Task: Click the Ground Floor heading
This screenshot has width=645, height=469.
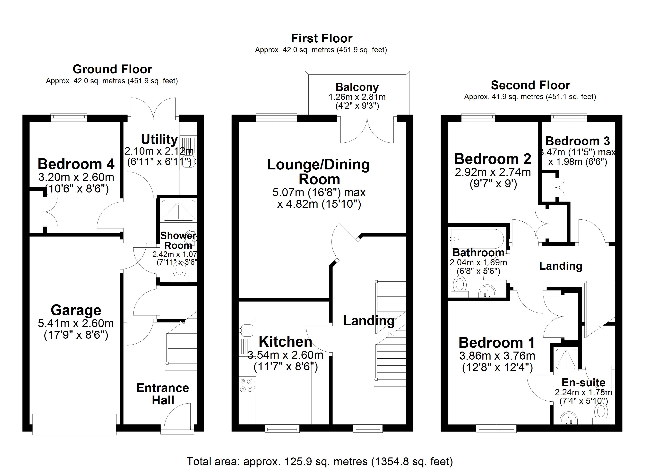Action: click(x=112, y=69)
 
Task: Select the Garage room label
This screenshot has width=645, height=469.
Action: click(x=76, y=310)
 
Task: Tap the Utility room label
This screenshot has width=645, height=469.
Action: click(x=159, y=139)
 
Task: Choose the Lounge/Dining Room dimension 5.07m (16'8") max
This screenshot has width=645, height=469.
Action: click(x=319, y=192)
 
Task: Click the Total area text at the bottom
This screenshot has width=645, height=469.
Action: click(x=320, y=461)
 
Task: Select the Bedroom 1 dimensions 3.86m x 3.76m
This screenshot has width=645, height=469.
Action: click(x=497, y=356)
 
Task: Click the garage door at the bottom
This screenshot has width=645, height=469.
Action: click(x=74, y=424)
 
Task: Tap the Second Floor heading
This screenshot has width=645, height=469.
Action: click(x=530, y=85)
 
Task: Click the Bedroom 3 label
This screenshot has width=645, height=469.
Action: click(x=578, y=141)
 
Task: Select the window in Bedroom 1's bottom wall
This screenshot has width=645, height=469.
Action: click(x=496, y=428)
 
